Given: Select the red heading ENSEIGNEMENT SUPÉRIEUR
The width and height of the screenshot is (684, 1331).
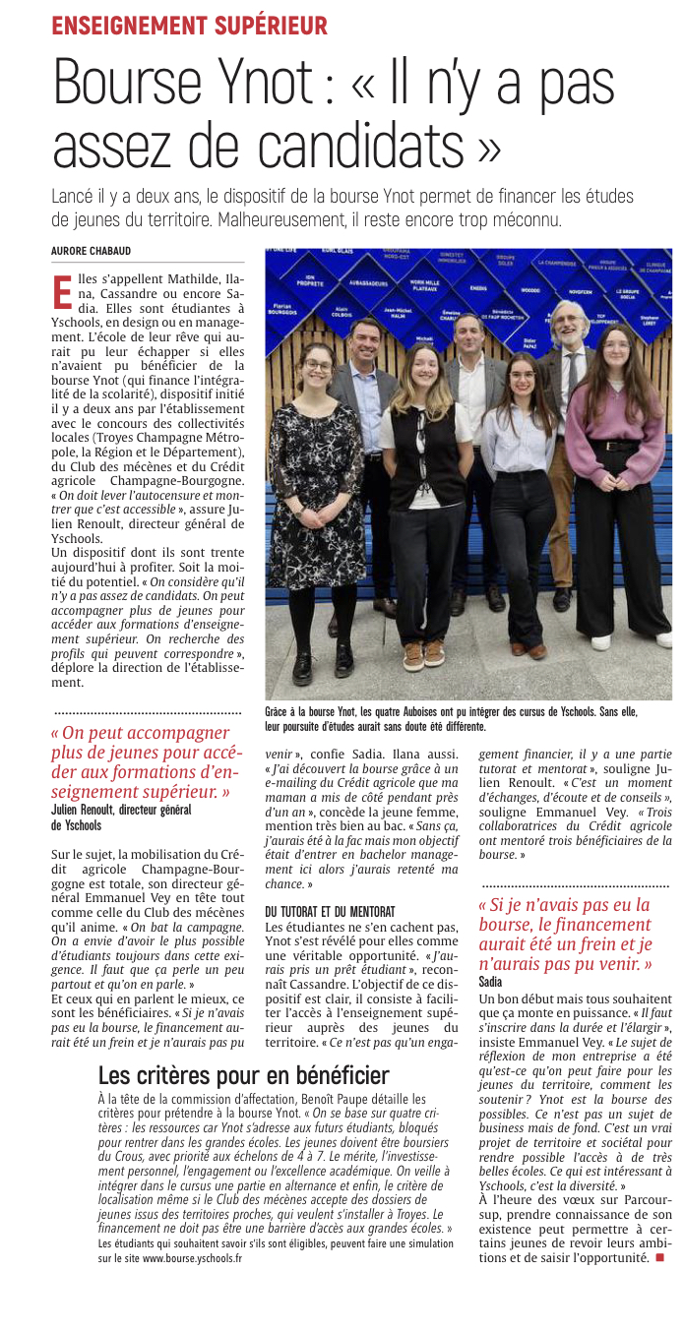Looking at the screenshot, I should click(x=190, y=26).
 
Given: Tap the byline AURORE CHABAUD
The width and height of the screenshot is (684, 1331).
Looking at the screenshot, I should click(x=92, y=251).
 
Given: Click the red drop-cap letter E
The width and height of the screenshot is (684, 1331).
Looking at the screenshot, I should click(x=61, y=291).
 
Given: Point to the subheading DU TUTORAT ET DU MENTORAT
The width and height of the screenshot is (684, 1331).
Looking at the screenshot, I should click(x=330, y=912).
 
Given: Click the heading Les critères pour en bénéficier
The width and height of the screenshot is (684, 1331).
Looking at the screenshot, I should click(x=244, y=1074).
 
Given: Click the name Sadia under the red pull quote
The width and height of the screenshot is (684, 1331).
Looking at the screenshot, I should click(x=490, y=982).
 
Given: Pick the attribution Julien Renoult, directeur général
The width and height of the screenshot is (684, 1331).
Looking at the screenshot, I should click(x=120, y=810).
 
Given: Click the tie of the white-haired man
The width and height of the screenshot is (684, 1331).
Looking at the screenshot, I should click(x=571, y=374).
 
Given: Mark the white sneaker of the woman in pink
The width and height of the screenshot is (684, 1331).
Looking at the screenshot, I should click(x=656, y=639).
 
